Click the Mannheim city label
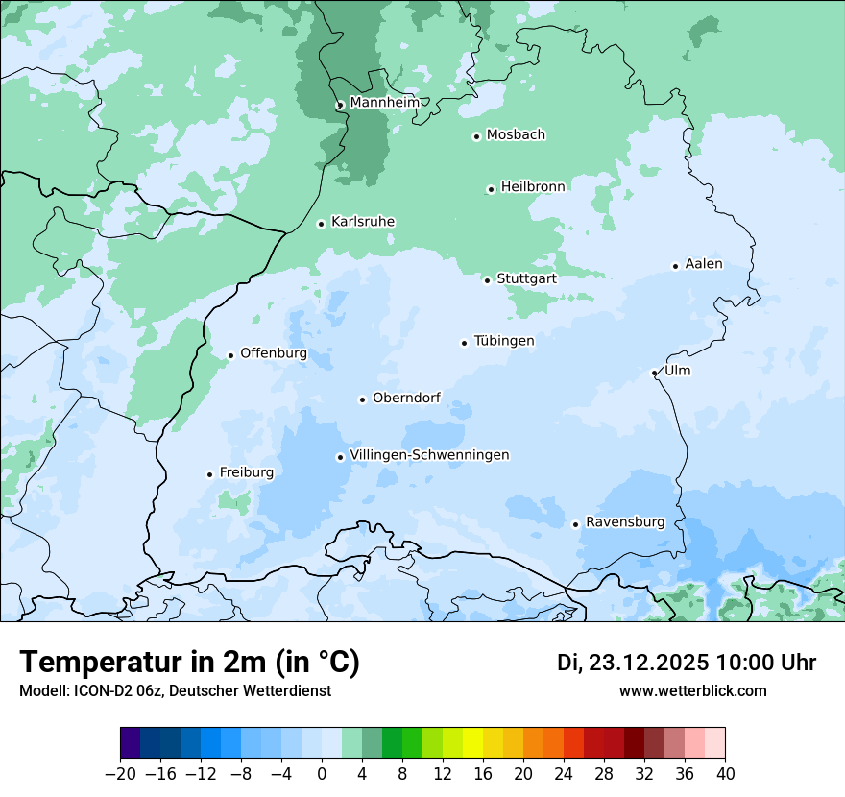[384, 103]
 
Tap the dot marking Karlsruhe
[322, 224]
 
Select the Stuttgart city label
[526, 278]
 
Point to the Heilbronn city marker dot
[491, 189]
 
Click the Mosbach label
[516, 134]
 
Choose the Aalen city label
[704, 264]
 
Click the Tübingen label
[504, 341]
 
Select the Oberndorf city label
[406, 398]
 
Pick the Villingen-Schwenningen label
[430, 455]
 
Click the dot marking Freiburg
[209, 474]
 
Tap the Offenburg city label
[274, 353]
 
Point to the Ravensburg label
[625, 522]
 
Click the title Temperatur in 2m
[190, 663]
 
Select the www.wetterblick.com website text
[693, 690]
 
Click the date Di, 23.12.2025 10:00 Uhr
[687, 663]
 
